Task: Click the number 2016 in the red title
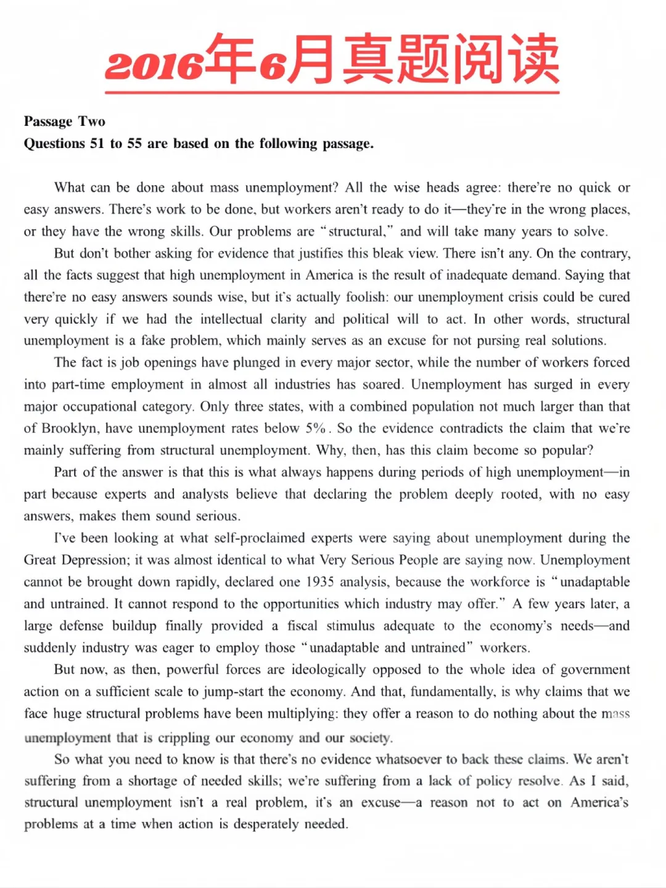pyautogui.click(x=154, y=65)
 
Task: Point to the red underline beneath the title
pyautogui.click(x=332, y=92)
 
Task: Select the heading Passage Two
pyautogui.click(x=65, y=121)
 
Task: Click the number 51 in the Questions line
pyautogui.click(x=97, y=144)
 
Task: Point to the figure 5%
pyautogui.click(x=315, y=429)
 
